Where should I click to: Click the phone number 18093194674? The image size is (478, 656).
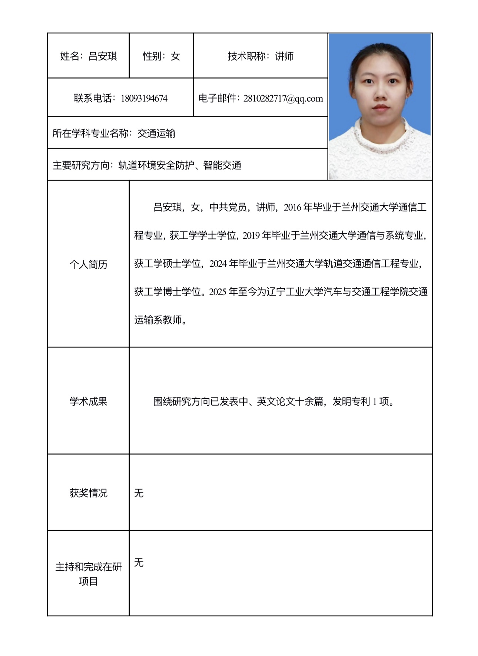click(144, 99)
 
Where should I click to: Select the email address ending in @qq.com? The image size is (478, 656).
click(283, 99)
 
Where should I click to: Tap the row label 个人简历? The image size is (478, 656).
click(88, 264)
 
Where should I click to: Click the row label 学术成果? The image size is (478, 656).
click(88, 401)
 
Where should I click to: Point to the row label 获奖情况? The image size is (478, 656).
click(88, 493)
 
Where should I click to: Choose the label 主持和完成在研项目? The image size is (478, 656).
click(88, 574)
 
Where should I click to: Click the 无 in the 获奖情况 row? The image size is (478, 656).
click(139, 493)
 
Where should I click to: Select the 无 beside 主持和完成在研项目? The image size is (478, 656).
click(139, 563)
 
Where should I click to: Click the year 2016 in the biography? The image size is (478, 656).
click(292, 208)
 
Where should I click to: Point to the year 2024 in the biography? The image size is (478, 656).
click(218, 264)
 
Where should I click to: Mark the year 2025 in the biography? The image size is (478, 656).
click(218, 292)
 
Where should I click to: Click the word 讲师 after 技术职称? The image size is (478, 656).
click(284, 56)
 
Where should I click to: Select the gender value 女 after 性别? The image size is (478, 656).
click(175, 56)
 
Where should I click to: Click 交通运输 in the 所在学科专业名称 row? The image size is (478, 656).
click(156, 133)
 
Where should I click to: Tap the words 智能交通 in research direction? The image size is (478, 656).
click(222, 165)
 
